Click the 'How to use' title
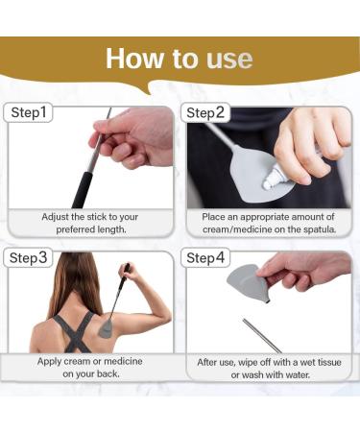(180, 59)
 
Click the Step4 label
(205, 258)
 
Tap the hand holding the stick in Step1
(134, 139)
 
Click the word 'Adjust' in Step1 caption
(60, 217)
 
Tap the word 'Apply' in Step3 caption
(52, 362)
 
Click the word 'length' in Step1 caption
(112, 230)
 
